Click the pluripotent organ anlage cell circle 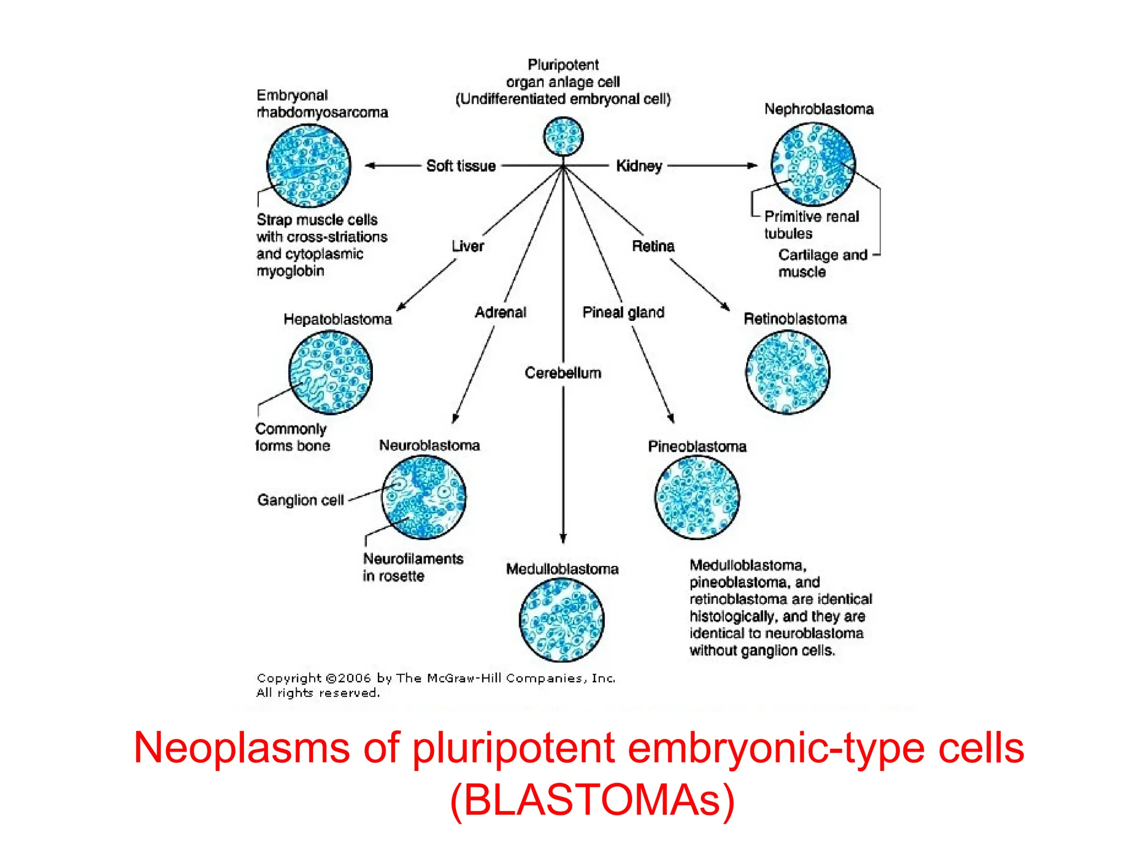tap(563, 136)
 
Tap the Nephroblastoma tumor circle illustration tap(813, 164)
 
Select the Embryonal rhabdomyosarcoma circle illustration tap(308, 165)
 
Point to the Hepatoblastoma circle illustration tap(330, 372)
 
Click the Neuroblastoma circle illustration tap(424, 497)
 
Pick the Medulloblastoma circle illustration tap(561, 620)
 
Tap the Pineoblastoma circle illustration tap(697, 497)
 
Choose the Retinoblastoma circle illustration tap(788, 372)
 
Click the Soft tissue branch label tap(461, 166)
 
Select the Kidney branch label tap(639, 166)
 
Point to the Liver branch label tap(467, 246)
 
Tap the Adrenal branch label tap(500, 313)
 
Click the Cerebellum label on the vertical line tap(563, 373)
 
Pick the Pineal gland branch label tap(623, 313)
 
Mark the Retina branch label tap(653, 246)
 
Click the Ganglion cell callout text tap(300, 500)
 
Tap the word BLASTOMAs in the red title tap(592, 800)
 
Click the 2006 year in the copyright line tap(354, 679)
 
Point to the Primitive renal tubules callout tap(811, 225)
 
